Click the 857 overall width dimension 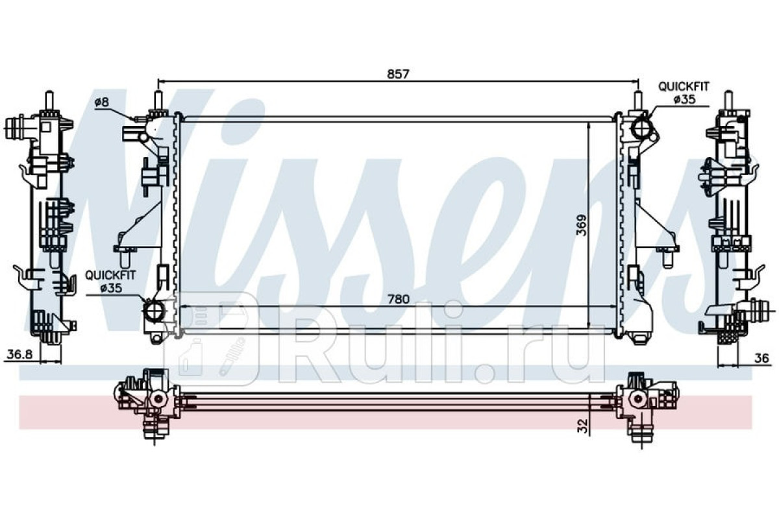[x=398, y=74]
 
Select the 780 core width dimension [x=399, y=298]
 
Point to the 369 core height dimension [x=582, y=225]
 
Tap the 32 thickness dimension [x=583, y=426]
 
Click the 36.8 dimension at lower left [x=20, y=354]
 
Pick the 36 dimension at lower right [x=761, y=358]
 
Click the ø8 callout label [x=101, y=102]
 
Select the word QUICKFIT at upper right [x=684, y=86]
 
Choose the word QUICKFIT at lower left [x=110, y=276]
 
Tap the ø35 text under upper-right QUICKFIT [x=685, y=100]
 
